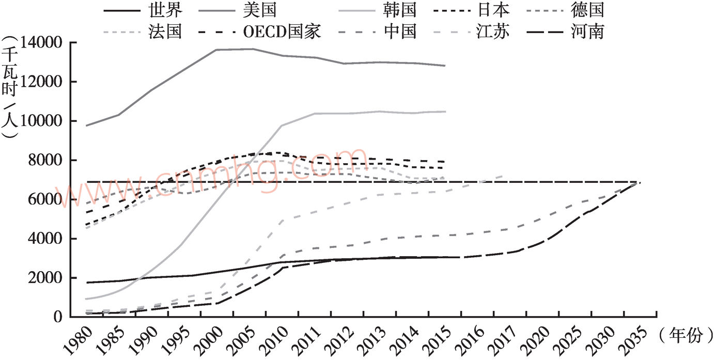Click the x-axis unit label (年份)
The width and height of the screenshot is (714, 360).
click(x=682, y=336)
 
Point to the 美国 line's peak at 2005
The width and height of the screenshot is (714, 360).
click(x=252, y=49)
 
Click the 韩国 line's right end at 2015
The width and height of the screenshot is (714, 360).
click(x=445, y=112)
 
